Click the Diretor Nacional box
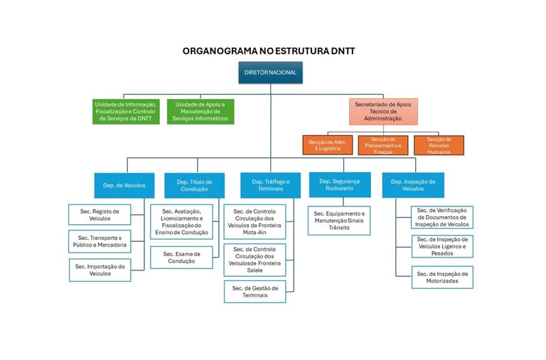pos(270,73)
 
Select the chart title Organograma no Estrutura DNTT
pos(269,51)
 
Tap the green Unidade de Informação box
pos(125,111)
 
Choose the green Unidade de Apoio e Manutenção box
pos(200,111)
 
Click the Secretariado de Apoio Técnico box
pos(384,111)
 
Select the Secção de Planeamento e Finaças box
pos(382,145)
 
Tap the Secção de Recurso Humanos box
pos(439,145)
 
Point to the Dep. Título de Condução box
pos(195,185)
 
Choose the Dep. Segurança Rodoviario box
pos(340,185)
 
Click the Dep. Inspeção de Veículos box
pos(412,185)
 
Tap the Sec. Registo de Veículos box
pos(100,214)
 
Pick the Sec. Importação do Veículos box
pos(100,270)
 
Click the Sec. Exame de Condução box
pos(181,257)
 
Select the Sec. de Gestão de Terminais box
pos(255,292)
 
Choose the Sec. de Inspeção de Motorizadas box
pos(442,277)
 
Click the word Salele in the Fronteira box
pos(255,270)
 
